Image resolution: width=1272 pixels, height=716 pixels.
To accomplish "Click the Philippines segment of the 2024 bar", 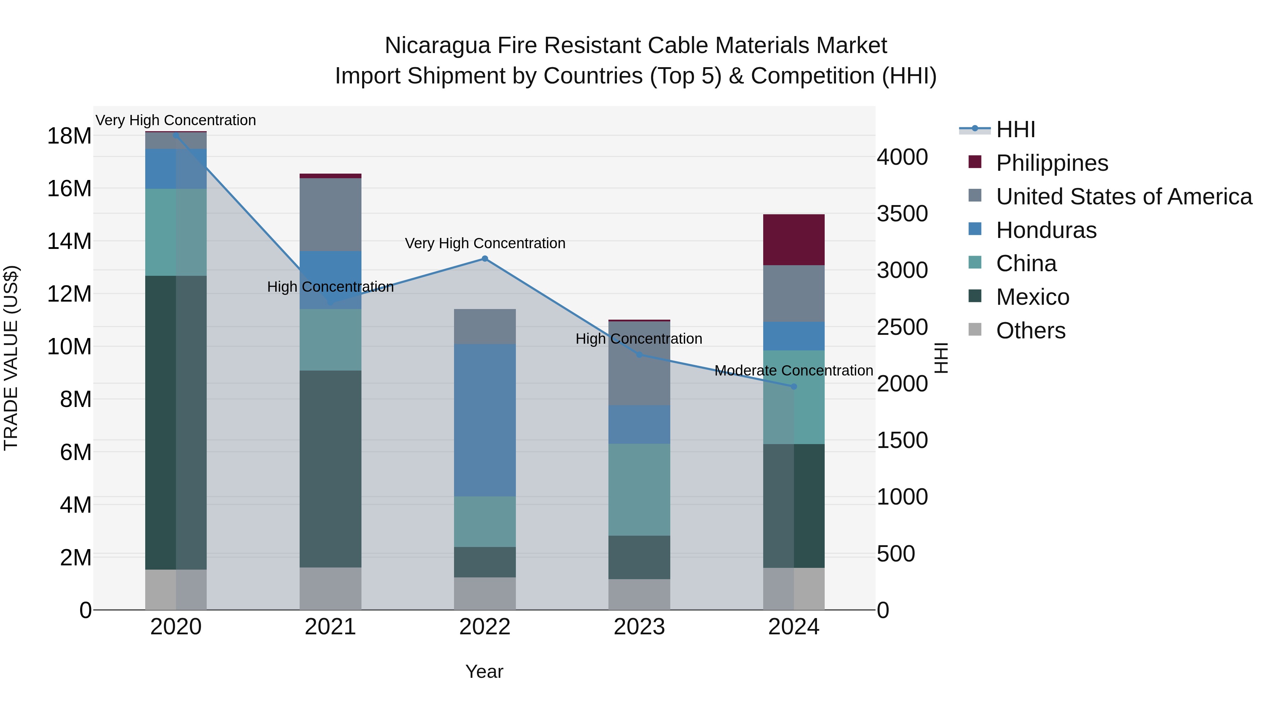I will (x=794, y=240).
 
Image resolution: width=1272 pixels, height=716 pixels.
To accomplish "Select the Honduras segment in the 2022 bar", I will (x=484, y=420).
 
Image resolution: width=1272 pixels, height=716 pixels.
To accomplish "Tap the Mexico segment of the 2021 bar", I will (x=330, y=468).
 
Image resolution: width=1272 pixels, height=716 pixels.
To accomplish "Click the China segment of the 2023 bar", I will (x=639, y=489).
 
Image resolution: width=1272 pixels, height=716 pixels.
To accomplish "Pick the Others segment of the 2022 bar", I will (x=484, y=593).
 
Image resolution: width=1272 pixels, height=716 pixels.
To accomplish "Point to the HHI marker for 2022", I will (x=484, y=258).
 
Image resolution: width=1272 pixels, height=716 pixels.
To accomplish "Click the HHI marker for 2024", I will (x=794, y=386).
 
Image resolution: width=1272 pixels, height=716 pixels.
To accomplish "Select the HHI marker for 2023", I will (x=639, y=355).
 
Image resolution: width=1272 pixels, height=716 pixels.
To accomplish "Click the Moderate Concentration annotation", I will (x=794, y=370).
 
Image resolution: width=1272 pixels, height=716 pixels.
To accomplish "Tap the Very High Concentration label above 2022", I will (x=484, y=243).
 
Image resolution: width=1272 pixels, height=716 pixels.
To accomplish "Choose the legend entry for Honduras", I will (x=1046, y=230).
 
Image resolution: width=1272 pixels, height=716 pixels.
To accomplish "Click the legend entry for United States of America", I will (x=1123, y=197).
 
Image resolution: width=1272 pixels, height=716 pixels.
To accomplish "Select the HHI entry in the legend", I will (x=1015, y=129).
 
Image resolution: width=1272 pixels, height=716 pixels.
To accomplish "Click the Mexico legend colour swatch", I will (x=975, y=296).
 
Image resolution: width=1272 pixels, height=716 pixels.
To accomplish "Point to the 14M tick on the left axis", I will (x=69, y=241).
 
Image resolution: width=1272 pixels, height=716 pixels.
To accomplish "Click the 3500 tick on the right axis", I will (x=902, y=214).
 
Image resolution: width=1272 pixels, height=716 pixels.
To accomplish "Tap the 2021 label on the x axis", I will (x=330, y=627).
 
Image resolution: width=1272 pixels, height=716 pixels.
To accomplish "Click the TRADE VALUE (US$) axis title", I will (x=11, y=358).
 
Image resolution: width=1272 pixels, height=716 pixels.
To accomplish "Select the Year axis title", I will (x=484, y=671).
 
